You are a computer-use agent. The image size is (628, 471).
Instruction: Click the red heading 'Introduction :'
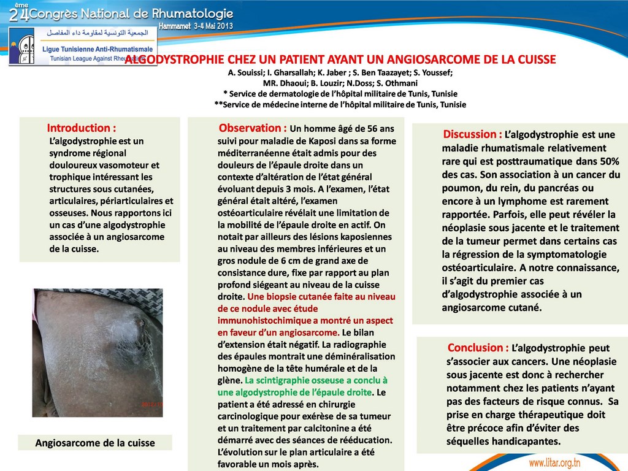[82, 128]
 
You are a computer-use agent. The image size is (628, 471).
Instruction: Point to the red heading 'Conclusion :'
[478, 348]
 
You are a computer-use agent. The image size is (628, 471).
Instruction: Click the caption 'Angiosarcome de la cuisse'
[95, 443]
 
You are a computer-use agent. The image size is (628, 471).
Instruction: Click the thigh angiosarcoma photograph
[98, 353]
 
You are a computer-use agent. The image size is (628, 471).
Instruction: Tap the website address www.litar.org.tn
[554, 462]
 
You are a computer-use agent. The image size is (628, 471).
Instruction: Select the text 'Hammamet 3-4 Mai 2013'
[196, 26]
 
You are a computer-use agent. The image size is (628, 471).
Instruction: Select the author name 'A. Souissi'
[244, 72]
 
